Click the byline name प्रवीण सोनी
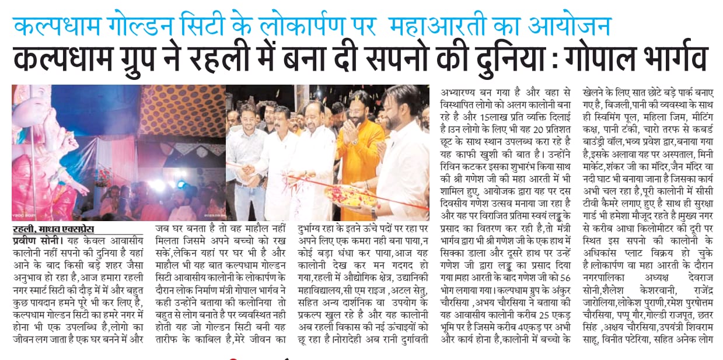coord(33,240)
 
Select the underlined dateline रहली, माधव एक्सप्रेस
coord(53,229)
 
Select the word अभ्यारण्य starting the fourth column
coord(461,92)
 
